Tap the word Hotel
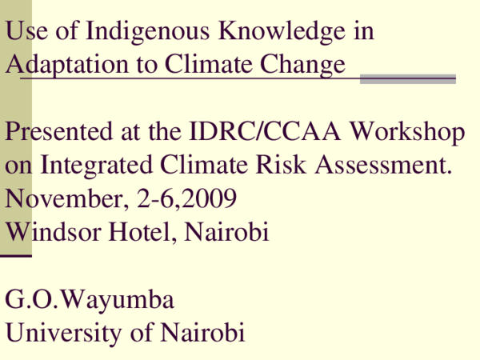click(141, 232)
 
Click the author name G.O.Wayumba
click(89, 301)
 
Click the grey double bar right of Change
click(407, 78)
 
